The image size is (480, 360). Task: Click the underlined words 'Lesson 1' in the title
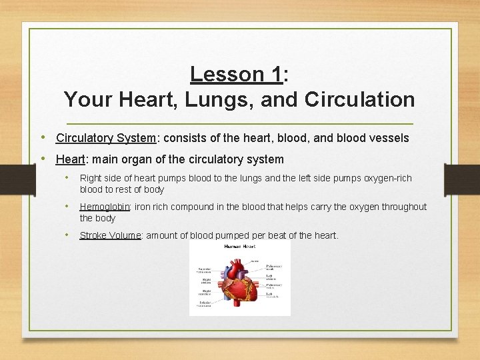pos(236,74)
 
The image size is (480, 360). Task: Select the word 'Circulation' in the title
pos(359,100)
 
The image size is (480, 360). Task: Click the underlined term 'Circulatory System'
pos(105,138)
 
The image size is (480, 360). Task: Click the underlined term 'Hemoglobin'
pos(106,207)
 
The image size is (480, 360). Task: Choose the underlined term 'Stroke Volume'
pos(110,235)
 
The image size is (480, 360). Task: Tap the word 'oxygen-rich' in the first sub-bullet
pos(386,178)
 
